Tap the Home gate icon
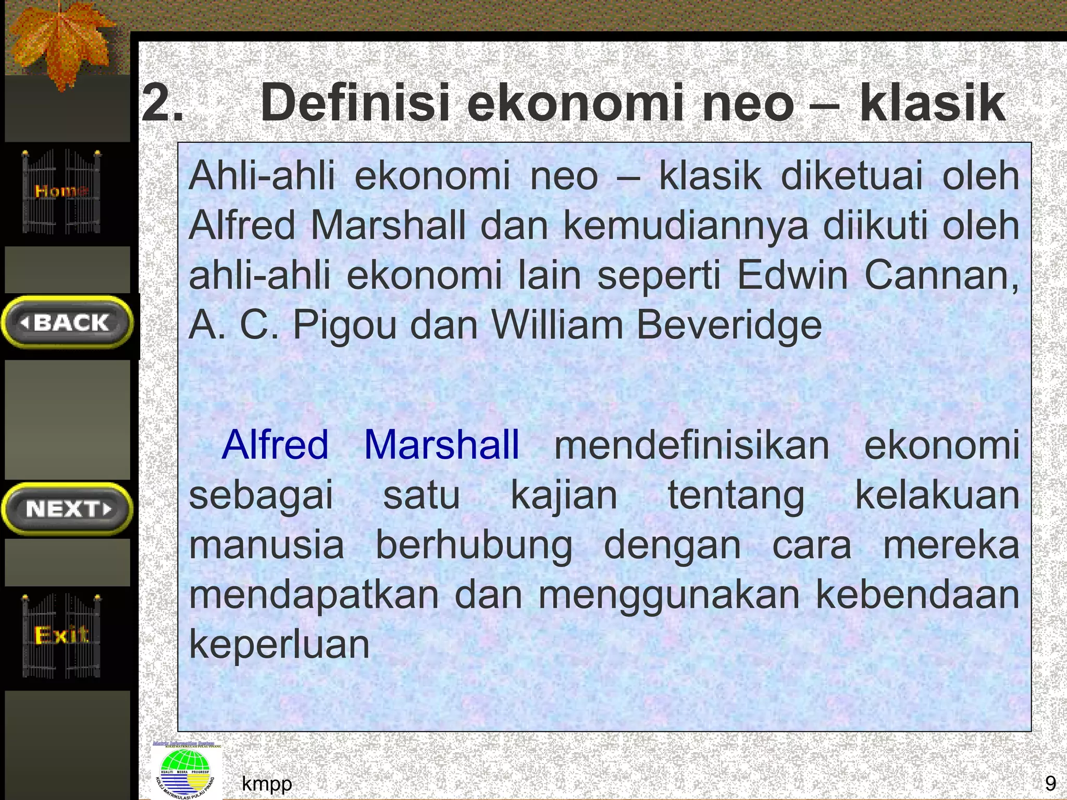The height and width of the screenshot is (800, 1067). click(x=61, y=192)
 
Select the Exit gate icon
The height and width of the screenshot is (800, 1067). click(x=61, y=635)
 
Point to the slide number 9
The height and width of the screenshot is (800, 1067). click(x=1050, y=783)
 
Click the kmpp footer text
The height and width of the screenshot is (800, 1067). click(x=267, y=783)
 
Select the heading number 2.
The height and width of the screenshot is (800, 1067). click(x=162, y=103)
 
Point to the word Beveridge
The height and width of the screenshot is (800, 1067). click(x=729, y=325)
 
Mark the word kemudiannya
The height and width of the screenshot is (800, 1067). click(x=686, y=226)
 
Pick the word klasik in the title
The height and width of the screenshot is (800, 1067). click(x=932, y=103)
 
